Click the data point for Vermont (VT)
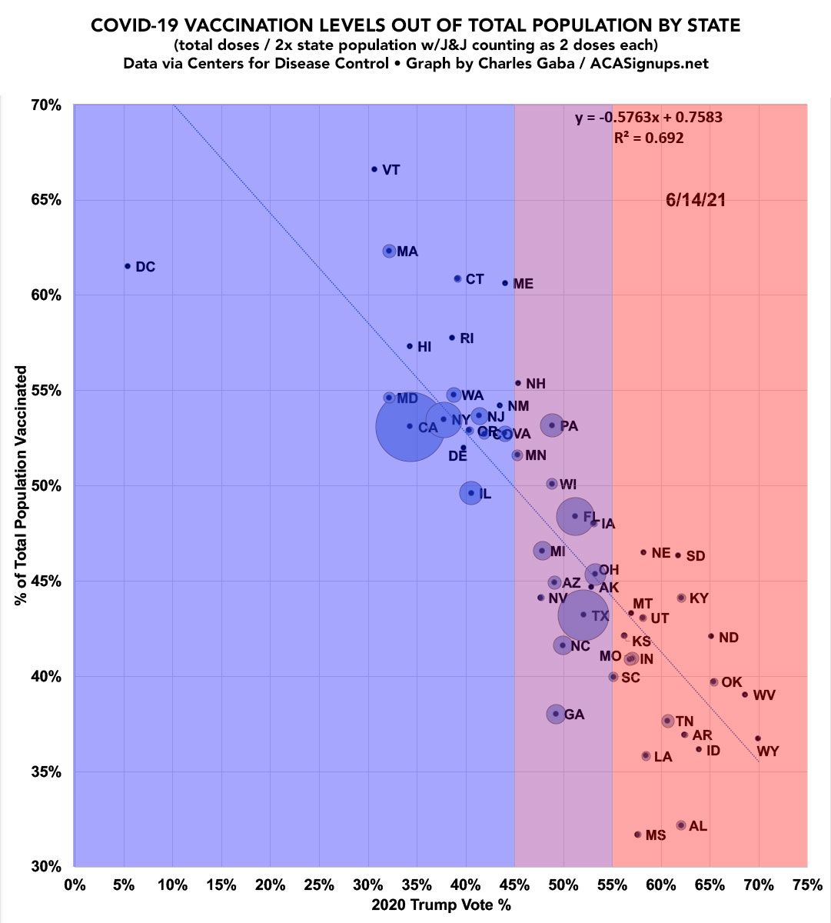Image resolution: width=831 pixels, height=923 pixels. point(374,169)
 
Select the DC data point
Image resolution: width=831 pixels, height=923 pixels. point(128,266)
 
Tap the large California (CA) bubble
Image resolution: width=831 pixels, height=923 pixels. point(410,426)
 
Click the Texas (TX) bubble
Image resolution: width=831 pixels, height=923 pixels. point(583,615)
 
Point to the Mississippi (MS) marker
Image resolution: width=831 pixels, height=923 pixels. point(637,835)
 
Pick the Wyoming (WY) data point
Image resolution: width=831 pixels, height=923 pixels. point(757,738)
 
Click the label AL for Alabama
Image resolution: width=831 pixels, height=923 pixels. point(698,826)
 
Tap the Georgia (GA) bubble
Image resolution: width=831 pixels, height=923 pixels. point(556,714)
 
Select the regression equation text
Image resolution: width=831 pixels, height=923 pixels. point(649,118)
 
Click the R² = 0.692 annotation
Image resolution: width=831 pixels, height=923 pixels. point(649,138)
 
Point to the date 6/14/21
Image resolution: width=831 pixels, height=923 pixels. point(696,200)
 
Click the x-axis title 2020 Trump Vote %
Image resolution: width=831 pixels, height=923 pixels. point(440,905)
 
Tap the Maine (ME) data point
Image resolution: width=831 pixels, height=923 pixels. point(505,283)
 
